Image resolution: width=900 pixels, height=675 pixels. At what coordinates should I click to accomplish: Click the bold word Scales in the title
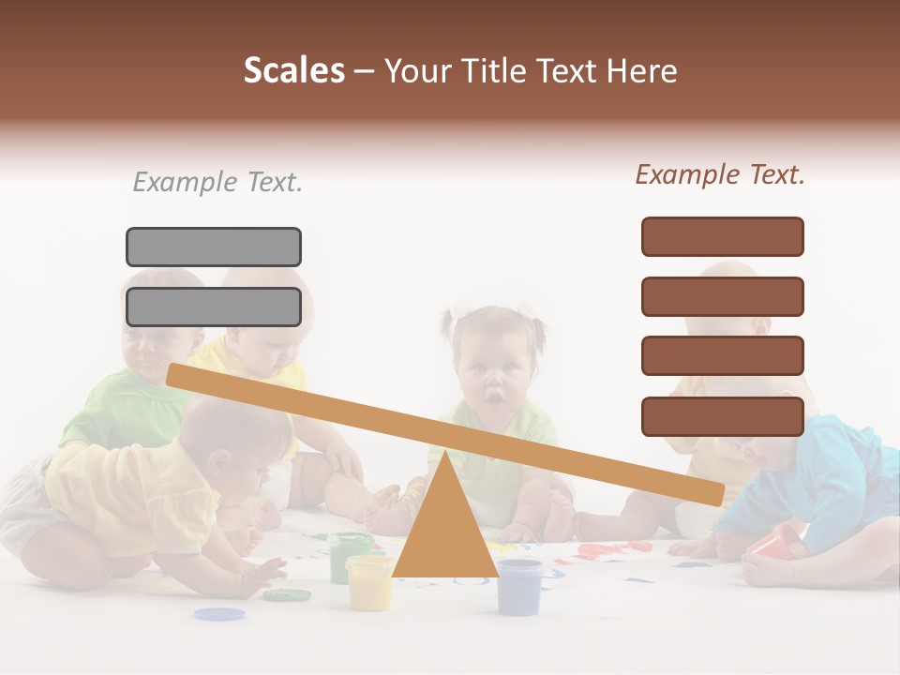(293, 70)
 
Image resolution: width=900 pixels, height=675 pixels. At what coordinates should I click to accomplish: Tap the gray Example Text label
(217, 182)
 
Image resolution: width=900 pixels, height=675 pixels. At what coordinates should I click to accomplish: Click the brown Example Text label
(720, 174)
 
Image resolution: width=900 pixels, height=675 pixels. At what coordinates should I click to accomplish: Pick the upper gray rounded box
(214, 247)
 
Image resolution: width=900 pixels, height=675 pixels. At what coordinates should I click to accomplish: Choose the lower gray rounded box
(214, 307)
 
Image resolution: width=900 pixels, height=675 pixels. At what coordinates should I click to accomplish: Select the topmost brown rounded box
(722, 236)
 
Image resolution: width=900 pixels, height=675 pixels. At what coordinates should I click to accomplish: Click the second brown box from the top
(722, 296)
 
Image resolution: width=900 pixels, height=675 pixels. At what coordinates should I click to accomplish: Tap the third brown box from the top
(722, 355)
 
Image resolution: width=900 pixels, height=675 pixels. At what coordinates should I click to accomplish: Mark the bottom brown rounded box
(722, 416)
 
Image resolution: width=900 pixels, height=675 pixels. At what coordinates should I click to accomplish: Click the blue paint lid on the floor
(219, 614)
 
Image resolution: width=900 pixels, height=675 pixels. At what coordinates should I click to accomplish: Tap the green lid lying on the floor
(286, 594)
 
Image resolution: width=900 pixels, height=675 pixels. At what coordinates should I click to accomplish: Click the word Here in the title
(642, 70)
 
